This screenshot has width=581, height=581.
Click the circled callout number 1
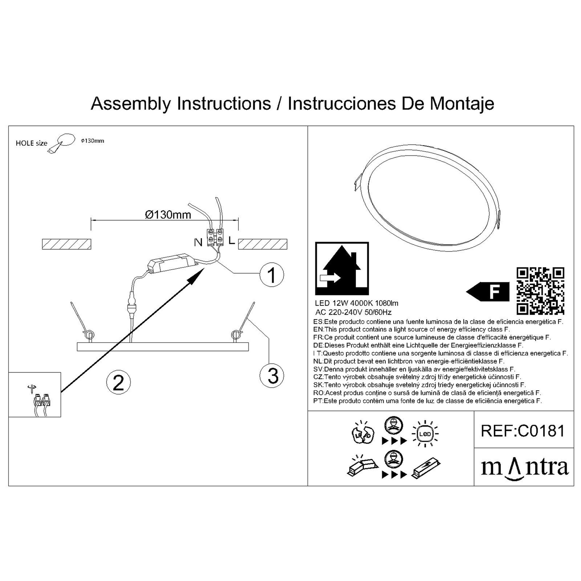tap(272, 275)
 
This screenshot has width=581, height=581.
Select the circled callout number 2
tap(119, 382)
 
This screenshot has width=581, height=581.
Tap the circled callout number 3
tap(272, 376)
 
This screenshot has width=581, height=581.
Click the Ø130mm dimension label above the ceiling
tap(168, 215)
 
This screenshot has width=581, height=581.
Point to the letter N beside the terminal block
tap(198, 242)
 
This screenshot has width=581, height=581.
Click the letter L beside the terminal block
tap(231, 241)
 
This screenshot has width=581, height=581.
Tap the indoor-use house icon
tap(342, 268)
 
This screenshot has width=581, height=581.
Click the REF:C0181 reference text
tap(523, 431)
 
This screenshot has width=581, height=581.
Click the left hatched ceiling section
tap(67, 244)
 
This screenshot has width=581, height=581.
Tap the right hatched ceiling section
tap(263, 244)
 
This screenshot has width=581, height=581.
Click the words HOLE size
tap(31, 143)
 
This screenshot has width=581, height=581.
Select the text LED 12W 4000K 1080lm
tap(357, 303)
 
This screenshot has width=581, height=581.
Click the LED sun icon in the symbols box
tap(425, 434)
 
